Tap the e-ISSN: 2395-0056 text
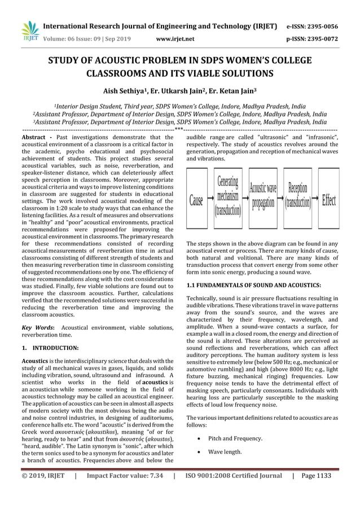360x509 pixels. point(321,26)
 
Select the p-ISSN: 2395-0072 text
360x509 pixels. point(321,39)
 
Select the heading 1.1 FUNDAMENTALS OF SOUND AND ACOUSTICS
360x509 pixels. point(254,286)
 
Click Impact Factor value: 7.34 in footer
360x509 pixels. point(125,476)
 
